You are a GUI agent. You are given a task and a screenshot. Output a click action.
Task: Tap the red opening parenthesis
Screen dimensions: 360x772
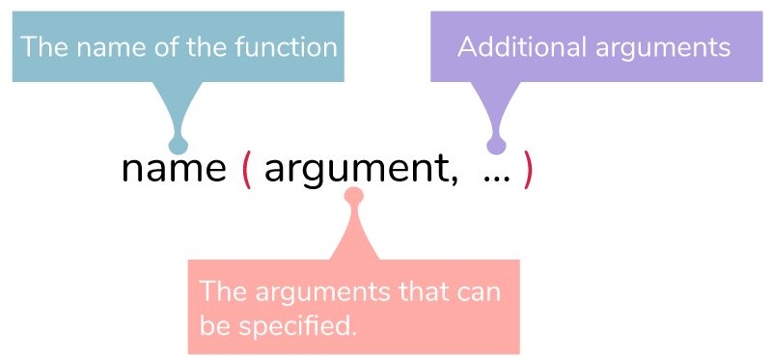point(246,171)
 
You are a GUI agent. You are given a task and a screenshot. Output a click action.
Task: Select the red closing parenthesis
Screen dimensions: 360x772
point(527,171)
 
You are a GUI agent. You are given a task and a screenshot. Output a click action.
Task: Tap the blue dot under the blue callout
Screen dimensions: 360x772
point(178,146)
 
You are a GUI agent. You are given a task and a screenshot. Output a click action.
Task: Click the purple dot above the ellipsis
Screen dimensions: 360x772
point(496,147)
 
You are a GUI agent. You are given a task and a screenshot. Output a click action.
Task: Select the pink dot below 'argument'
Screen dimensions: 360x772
point(353,196)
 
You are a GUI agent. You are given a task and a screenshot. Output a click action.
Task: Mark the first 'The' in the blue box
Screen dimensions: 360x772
point(41,46)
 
